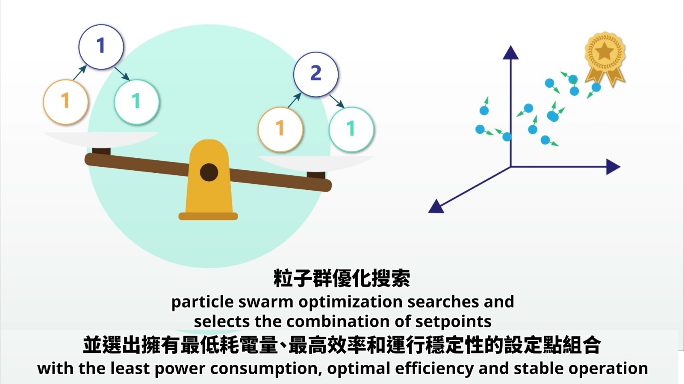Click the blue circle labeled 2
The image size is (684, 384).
[x=316, y=74]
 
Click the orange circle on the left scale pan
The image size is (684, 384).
[x=66, y=102]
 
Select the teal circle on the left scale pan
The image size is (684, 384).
[x=137, y=102]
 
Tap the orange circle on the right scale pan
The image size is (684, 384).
[x=280, y=129]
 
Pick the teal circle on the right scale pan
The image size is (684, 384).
[x=351, y=129]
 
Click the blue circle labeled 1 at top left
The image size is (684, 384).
[x=101, y=47]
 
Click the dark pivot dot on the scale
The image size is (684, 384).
[x=209, y=172]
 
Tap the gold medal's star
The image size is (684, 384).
[x=604, y=51]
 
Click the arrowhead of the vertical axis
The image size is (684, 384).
[x=510, y=53]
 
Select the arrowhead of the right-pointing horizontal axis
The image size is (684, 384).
[x=613, y=167]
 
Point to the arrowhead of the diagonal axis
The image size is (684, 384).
[x=436, y=207]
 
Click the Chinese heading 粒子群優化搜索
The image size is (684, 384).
[x=342, y=278]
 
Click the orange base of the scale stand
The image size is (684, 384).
[x=208, y=216]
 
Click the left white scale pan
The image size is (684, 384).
[x=101, y=139]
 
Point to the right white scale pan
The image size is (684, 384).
[x=316, y=163]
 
